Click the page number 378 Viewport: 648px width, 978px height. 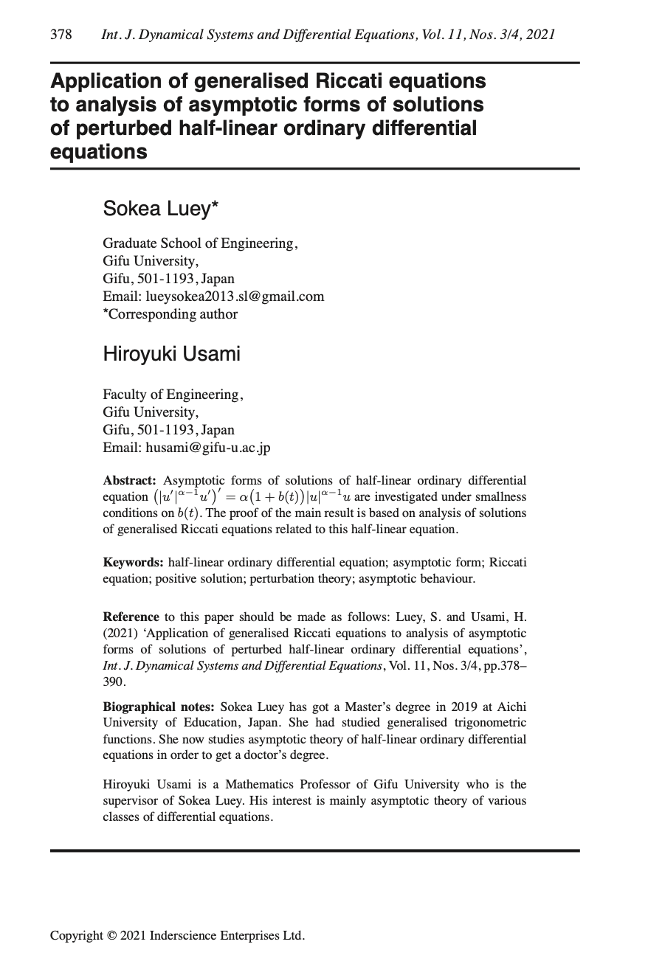[x=61, y=35]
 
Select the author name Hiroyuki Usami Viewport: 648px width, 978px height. [x=171, y=354]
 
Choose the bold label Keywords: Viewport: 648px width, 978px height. [x=134, y=563]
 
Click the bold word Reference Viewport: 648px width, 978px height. [x=131, y=617]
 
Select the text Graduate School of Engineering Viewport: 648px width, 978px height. [x=200, y=243]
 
